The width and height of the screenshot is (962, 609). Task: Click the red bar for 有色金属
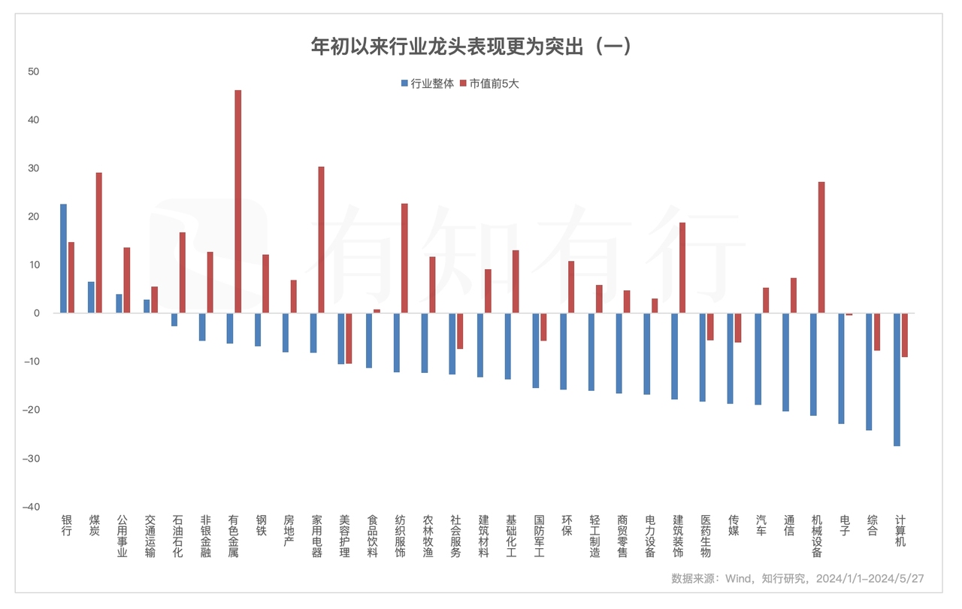(x=238, y=201)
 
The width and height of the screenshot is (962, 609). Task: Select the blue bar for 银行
(x=63, y=258)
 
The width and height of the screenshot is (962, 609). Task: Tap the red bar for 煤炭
(x=98, y=242)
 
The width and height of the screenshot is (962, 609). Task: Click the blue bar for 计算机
(x=897, y=379)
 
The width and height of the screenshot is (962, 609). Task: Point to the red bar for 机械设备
(x=821, y=247)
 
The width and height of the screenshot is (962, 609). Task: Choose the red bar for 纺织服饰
(x=404, y=258)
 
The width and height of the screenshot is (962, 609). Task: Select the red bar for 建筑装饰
(x=682, y=268)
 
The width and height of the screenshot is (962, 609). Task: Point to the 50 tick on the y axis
(x=33, y=71)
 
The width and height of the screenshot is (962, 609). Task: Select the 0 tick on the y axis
(x=35, y=313)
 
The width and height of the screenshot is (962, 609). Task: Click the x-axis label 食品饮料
(x=372, y=536)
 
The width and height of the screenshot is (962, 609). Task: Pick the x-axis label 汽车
(x=761, y=525)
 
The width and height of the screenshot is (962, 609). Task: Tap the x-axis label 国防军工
(x=539, y=536)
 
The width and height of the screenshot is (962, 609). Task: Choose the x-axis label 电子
(x=845, y=525)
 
